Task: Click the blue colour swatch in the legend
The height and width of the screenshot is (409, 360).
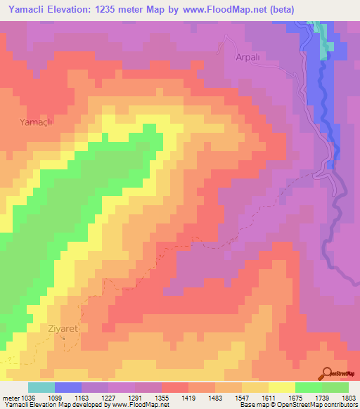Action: click(68, 387)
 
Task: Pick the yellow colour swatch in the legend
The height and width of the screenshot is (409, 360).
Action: click(282, 387)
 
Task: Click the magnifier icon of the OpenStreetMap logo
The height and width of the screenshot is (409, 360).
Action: click(327, 373)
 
